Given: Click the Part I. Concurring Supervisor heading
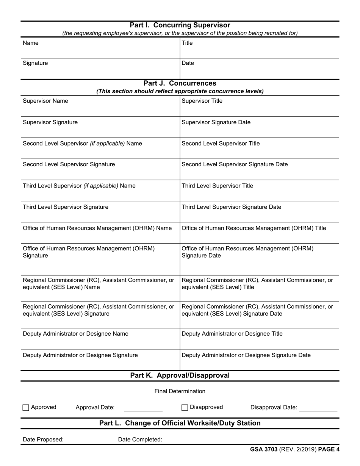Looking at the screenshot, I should [x=180, y=25].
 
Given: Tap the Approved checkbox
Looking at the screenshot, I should [x=26, y=408].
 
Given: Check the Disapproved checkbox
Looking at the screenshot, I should [x=185, y=408].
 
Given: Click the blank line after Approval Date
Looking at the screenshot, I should [x=143, y=408].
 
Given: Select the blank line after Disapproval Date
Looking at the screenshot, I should [x=318, y=408].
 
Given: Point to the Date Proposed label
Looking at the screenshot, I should [x=43, y=439].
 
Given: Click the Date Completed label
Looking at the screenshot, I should [x=140, y=439].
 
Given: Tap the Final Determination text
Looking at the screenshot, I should [x=180, y=391].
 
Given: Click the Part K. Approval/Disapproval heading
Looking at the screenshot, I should [x=180, y=375].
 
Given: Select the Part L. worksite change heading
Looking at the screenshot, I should [x=180, y=423].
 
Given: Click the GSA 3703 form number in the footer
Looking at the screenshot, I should [x=264, y=450].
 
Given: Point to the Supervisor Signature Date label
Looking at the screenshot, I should [x=216, y=122].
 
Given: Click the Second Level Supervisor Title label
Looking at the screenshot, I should [x=221, y=144].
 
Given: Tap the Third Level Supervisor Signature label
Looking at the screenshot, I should [x=66, y=207].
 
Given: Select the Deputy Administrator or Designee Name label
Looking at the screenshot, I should [x=75, y=334].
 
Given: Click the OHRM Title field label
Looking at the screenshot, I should [x=254, y=228].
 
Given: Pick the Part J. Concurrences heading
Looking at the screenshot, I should [x=180, y=83].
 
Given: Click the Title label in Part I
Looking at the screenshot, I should [x=187, y=43].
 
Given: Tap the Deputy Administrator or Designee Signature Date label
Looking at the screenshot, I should [x=246, y=355].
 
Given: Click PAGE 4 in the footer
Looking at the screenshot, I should [x=329, y=450].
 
